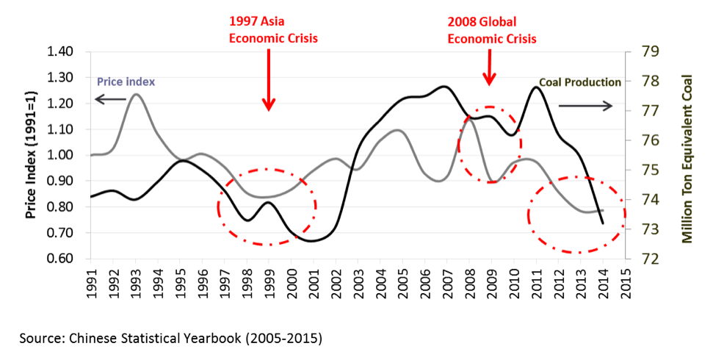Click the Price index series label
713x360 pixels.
pyautogui.click(x=125, y=81)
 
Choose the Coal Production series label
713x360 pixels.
pyautogui.click(x=580, y=83)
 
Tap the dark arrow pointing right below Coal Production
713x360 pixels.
pyautogui.click(x=585, y=107)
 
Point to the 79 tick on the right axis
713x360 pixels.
pyautogui.click(x=641, y=52)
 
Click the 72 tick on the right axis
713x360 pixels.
pyautogui.click(x=641, y=259)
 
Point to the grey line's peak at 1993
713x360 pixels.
pyautogui.click(x=136, y=94)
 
